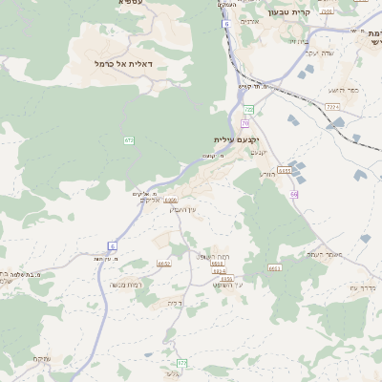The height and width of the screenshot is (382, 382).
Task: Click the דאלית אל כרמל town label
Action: coord(131,63)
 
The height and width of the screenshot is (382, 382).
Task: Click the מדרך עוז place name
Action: coord(364,287)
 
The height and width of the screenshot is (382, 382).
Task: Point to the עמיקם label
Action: coord(41,358)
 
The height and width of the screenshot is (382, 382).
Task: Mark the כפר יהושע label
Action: coord(345,90)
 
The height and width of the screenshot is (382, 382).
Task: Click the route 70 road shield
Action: coord(245,123)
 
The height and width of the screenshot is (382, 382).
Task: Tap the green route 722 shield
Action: coord(248,110)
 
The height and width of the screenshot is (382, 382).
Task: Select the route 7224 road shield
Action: coord(331,106)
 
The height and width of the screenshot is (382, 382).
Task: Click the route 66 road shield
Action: coord(295,194)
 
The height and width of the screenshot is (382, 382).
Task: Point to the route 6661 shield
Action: coord(275,268)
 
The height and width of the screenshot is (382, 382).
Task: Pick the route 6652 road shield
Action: coord(163,263)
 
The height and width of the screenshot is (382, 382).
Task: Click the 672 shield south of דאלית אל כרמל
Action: coord(128,140)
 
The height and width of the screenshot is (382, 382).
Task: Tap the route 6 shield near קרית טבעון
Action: coord(225,23)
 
